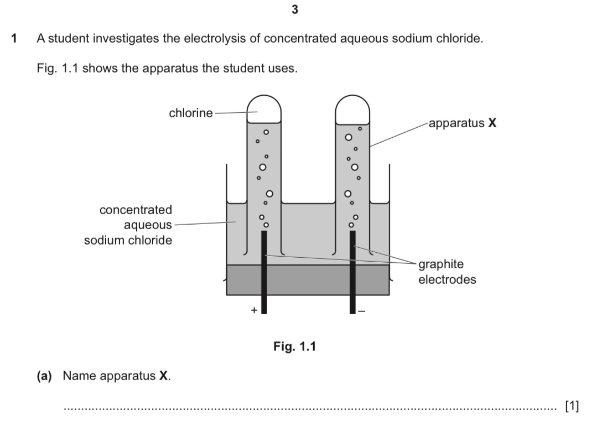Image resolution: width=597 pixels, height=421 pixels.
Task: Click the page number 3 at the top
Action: pyautogui.click(x=295, y=9)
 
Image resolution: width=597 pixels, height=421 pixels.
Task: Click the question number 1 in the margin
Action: pyautogui.click(x=14, y=38)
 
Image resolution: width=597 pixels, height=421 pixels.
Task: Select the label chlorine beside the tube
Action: pyautogui.click(x=191, y=113)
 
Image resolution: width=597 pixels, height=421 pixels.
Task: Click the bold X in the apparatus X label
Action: pyautogui.click(x=492, y=123)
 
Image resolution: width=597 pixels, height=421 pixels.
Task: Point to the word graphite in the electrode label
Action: pyautogui.click(x=441, y=264)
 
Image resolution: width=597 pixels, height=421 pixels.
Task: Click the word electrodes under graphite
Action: pyautogui.click(x=447, y=279)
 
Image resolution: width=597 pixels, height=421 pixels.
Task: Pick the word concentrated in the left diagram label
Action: pyautogui.click(x=136, y=210)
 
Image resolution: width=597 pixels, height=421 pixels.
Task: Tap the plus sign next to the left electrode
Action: pyautogui.click(x=254, y=310)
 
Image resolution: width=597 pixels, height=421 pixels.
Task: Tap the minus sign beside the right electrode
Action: pyautogui.click(x=362, y=311)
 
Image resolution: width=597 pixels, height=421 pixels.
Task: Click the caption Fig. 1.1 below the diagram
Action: pyautogui.click(x=295, y=346)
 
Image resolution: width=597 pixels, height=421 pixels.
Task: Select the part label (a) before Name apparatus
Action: pyautogui.click(x=44, y=376)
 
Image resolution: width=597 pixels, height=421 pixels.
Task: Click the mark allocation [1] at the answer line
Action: pyautogui.click(x=572, y=406)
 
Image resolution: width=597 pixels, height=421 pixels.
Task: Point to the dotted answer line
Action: pyautogui.click(x=310, y=409)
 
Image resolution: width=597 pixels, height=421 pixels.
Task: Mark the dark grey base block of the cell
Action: pyautogui.click(x=308, y=280)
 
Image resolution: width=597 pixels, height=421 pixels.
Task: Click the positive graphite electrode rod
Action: pyautogui.click(x=264, y=272)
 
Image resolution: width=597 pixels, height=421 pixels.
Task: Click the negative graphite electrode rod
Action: pyautogui.click(x=352, y=272)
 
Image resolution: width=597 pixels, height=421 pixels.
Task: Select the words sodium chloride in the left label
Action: pyautogui.click(x=128, y=240)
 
